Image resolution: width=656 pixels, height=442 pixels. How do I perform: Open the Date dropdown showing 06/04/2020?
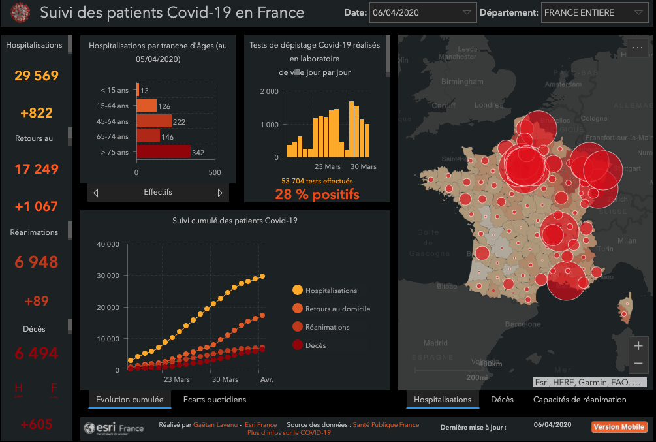(423, 12)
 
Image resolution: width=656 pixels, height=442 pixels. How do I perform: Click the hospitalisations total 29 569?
(37, 76)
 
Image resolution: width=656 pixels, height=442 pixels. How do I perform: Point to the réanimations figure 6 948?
(37, 262)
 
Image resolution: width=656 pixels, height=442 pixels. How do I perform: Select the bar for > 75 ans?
(163, 152)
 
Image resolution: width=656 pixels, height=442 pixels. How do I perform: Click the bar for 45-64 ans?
(154, 121)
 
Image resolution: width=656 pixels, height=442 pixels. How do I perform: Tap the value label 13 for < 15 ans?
(144, 90)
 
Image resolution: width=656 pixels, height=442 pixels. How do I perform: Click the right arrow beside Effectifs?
(220, 193)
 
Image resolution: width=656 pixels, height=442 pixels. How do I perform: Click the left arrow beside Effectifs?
(96, 193)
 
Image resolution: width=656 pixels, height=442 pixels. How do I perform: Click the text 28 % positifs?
(317, 194)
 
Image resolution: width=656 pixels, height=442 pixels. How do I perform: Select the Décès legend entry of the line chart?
(315, 345)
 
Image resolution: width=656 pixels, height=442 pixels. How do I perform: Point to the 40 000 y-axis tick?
(108, 244)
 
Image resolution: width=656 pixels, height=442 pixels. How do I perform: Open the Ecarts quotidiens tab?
(215, 400)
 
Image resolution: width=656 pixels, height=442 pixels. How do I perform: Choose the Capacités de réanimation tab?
(580, 400)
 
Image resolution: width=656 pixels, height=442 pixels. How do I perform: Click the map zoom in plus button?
(638, 346)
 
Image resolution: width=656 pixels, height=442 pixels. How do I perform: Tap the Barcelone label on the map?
(505, 324)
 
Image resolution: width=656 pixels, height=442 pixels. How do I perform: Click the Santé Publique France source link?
(386, 425)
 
